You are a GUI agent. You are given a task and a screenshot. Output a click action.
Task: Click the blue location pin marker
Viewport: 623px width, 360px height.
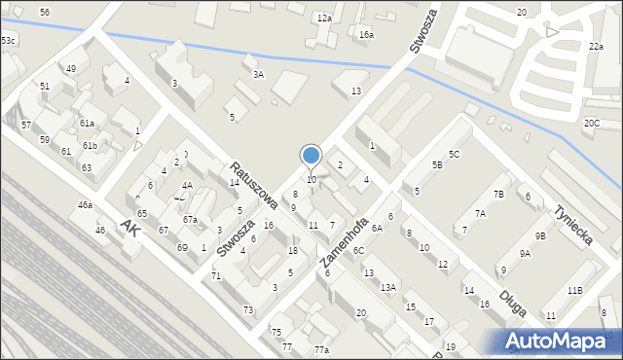(311, 156)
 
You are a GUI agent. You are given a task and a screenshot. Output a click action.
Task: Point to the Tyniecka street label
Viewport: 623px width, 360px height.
(572, 226)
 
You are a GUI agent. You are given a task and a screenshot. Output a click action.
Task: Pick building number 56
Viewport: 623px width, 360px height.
(45, 11)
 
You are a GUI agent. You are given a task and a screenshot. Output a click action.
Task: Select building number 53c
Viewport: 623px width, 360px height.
(8, 40)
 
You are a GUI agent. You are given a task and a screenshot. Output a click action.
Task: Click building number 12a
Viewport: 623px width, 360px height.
(324, 18)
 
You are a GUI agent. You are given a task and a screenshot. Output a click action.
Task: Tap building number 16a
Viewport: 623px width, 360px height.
(366, 35)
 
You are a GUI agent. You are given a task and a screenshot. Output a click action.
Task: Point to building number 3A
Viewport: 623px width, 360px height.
(258, 74)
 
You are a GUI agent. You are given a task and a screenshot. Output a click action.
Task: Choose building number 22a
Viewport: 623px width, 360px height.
(596, 46)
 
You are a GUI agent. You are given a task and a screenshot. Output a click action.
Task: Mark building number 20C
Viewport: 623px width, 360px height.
(592, 124)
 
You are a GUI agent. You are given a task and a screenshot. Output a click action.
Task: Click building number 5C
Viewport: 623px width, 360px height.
(454, 154)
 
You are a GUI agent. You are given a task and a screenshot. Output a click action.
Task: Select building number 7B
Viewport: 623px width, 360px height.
(498, 195)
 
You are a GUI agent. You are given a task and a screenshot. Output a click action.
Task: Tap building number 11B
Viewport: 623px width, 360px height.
(575, 291)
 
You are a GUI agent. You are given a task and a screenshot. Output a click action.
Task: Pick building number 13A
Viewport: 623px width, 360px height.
(387, 287)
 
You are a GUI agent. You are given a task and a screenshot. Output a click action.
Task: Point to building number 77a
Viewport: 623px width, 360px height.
(321, 350)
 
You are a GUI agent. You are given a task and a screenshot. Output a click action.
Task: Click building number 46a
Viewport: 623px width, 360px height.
(86, 205)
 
